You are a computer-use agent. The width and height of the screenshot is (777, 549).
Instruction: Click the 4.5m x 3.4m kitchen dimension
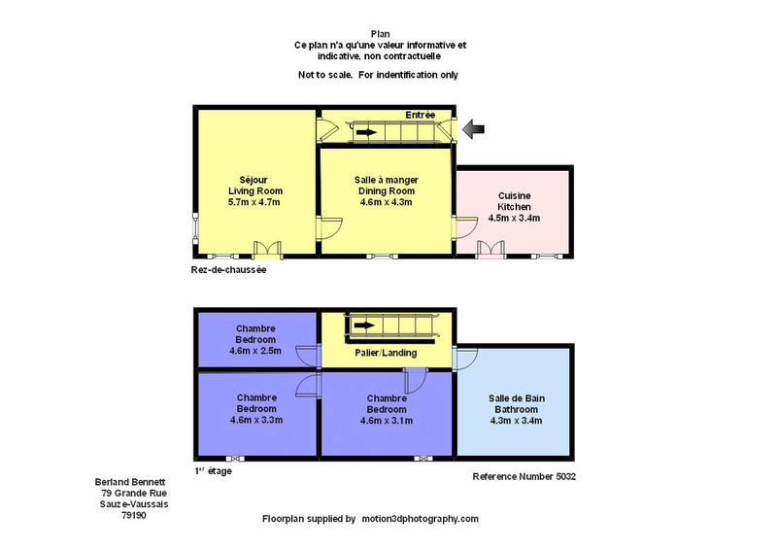(514, 218)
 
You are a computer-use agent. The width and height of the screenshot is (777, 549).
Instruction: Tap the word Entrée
(420, 115)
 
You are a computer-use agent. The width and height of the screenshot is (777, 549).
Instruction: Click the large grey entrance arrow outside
(474, 128)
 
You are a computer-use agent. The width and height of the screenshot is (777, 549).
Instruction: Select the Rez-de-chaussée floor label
(228, 270)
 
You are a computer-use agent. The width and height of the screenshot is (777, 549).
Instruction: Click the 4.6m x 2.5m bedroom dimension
(254, 351)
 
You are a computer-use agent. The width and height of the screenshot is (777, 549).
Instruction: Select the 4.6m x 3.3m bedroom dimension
(255, 420)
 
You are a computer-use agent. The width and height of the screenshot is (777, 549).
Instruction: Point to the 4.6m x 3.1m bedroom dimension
(387, 421)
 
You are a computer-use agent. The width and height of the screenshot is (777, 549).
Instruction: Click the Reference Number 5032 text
(524, 477)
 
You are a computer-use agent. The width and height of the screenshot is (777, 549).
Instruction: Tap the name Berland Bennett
(131, 481)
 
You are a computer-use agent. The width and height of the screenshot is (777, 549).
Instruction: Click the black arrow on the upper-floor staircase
(364, 325)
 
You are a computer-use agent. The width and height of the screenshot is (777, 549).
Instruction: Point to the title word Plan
(380, 34)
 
